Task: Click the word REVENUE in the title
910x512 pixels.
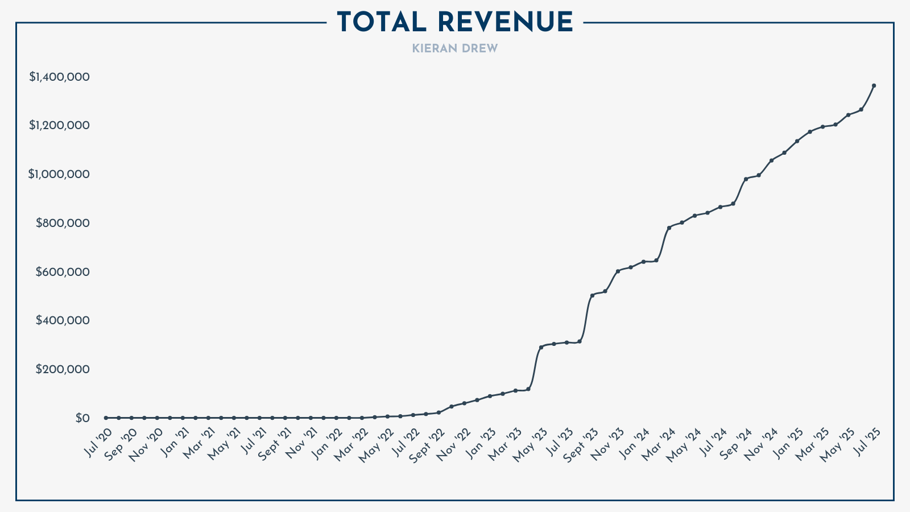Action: click(x=506, y=23)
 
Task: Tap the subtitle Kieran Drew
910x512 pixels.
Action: click(x=455, y=49)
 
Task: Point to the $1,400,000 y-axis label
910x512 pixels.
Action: click(x=59, y=77)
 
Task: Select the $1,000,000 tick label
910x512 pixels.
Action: click(x=59, y=174)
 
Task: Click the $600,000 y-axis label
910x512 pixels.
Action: click(x=63, y=272)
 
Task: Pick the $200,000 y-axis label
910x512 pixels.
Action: click(x=63, y=369)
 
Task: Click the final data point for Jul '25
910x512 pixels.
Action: click(x=874, y=86)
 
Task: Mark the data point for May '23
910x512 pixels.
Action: click(x=541, y=347)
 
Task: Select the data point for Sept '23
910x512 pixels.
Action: click(x=592, y=295)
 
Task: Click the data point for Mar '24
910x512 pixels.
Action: click(x=669, y=228)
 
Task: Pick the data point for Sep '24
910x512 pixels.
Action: click(x=746, y=179)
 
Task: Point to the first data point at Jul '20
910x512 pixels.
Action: click(x=106, y=418)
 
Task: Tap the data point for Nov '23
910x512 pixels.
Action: click(x=618, y=271)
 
